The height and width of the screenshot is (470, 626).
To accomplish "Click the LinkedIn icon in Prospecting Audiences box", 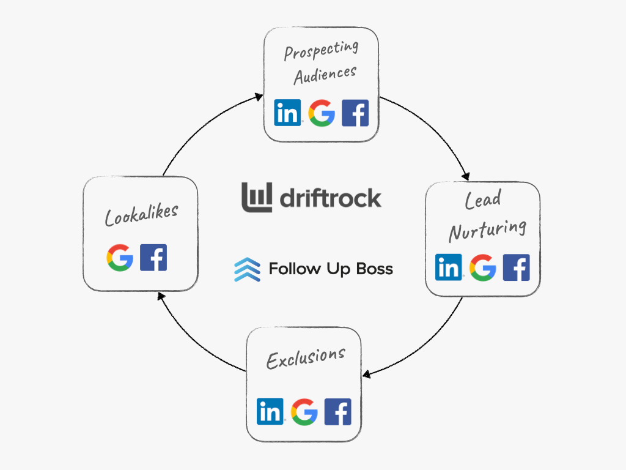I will [x=288, y=113].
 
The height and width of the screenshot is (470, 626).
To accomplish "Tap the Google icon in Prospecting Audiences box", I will [x=322, y=113].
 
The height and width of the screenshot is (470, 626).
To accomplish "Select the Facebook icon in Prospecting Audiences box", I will [x=355, y=113].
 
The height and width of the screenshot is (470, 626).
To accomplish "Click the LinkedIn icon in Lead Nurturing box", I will [x=449, y=267].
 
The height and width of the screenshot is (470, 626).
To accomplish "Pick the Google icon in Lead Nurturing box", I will [x=482, y=267].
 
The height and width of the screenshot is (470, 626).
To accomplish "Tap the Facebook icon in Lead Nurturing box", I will [x=516, y=267].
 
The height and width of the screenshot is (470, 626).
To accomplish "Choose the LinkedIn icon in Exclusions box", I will [x=270, y=411].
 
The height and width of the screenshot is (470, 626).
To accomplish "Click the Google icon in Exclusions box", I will [x=304, y=411].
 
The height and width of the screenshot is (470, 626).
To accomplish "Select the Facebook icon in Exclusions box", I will [x=337, y=411].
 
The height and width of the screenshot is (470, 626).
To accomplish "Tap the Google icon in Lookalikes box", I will [x=120, y=258].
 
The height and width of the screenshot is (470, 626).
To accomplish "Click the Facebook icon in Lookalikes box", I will [x=153, y=258].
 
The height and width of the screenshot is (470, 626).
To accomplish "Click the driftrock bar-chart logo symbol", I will [x=257, y=197].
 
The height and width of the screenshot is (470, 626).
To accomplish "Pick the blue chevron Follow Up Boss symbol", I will [x=246, y=269].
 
